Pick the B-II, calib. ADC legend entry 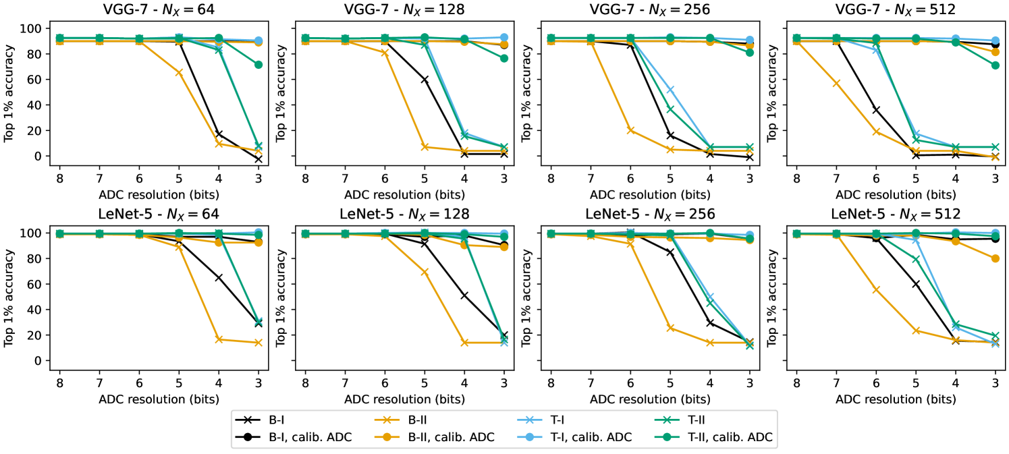(451, 437)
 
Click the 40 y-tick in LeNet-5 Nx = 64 (38, 310)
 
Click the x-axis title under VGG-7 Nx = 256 (650, 194)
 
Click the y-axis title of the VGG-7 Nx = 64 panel (9, 92)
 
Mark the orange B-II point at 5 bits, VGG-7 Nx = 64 (179, 72)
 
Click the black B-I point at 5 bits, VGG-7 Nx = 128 (425, 80)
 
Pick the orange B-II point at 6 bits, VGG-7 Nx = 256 (630, 130)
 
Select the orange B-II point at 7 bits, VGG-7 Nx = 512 (836, 83)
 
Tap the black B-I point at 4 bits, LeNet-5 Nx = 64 (219, 277)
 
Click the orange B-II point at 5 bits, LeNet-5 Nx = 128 (425, 273)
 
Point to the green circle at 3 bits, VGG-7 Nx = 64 (258, 65)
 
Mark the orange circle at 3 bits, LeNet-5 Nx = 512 (995, 258)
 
